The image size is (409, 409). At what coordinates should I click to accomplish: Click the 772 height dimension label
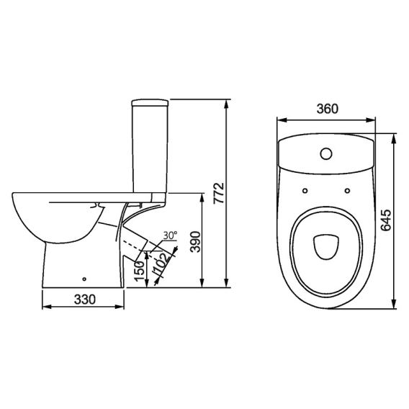219,193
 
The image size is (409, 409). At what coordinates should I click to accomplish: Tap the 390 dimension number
195,241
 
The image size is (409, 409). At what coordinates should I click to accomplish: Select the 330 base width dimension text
85,299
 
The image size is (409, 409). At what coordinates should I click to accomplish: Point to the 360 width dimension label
327,109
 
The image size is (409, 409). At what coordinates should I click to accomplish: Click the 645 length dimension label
385,220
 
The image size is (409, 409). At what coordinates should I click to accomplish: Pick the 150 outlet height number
140,271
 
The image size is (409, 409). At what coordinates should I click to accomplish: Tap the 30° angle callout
170,235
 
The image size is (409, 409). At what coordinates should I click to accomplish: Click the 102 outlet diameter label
162,264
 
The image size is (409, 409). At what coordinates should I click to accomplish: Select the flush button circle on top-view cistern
326,153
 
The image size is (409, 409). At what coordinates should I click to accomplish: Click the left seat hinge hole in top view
305,191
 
